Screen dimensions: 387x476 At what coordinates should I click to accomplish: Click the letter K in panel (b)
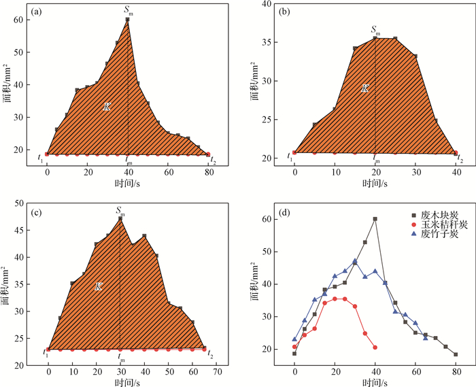[x=364, y=88]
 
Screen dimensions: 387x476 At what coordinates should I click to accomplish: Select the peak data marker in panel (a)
[x=127, y=20]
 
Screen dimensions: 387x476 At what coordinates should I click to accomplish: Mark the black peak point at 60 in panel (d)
[x=375, y=219]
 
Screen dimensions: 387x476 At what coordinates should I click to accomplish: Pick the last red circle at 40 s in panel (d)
[x=375, y=348]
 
